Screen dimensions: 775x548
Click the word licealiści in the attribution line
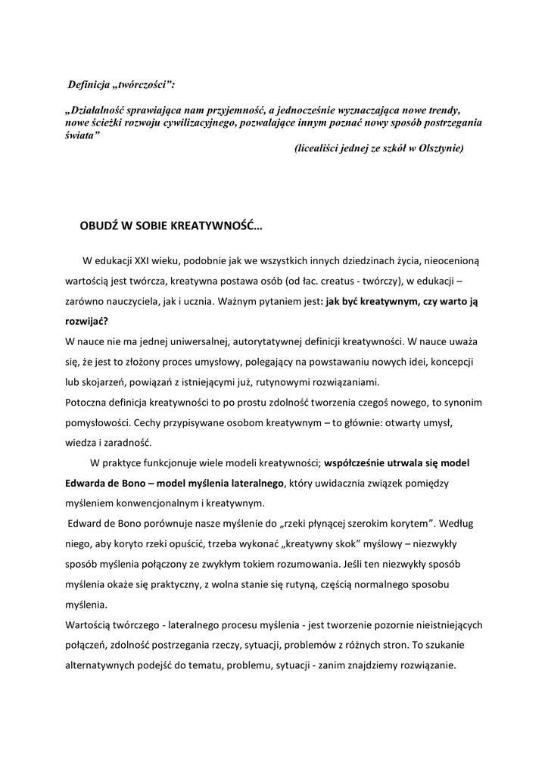coord(317,148)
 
